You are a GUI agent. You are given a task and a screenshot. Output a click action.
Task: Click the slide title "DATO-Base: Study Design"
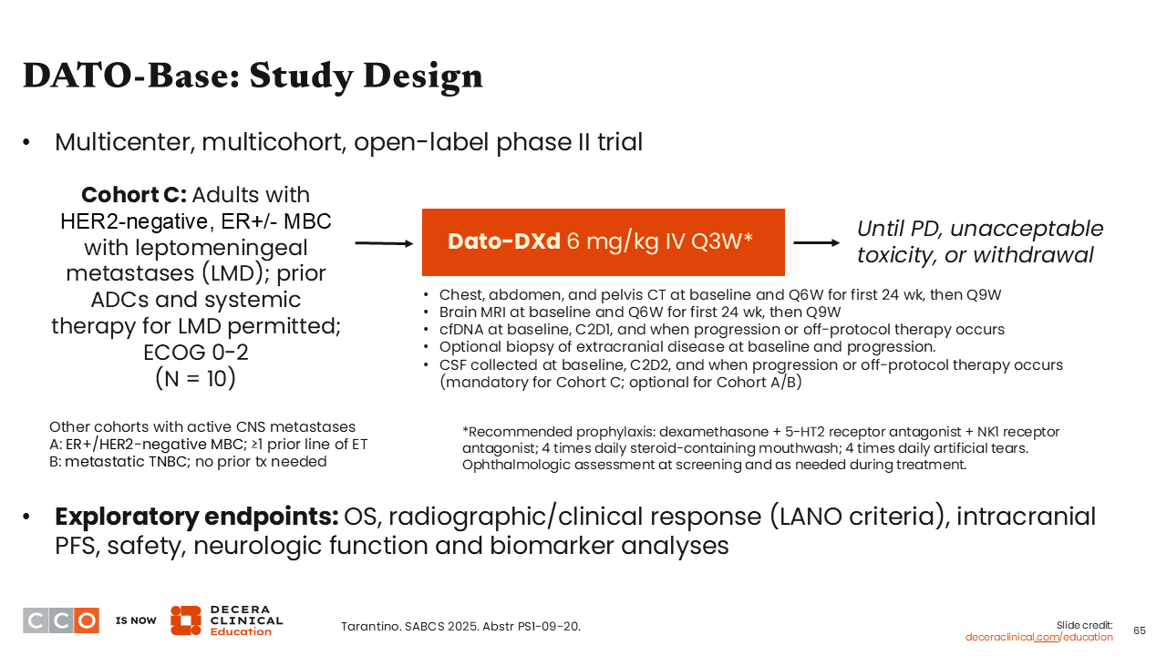pos(253,76)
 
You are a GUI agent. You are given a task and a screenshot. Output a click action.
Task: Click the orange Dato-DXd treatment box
pos(603,242)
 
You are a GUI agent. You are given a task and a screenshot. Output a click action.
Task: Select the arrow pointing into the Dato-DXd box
pos(383,243)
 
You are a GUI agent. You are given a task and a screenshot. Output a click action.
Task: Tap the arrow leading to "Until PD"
pos(817,243)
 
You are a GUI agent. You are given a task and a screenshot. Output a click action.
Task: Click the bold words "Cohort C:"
pos(133,195)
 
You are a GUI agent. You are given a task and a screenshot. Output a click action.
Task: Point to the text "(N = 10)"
pos(195,377)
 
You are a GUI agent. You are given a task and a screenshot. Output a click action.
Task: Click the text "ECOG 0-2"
pos(195,351)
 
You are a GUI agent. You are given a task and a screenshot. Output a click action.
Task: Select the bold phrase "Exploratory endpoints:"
pos(197,517)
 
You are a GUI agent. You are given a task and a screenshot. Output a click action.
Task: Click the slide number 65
pos(1139,630)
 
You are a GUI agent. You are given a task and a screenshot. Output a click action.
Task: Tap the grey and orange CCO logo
pos(61,620)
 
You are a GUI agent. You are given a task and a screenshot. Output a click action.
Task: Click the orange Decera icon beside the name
pos(186,620)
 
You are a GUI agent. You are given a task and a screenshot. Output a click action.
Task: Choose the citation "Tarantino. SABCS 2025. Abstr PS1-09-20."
pos(460,626)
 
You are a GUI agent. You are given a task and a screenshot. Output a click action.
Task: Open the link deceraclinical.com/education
pos(1038,637)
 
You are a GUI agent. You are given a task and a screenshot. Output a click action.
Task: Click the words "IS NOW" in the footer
pos(136,620)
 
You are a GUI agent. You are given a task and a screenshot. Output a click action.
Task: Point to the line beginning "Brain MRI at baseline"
pos(640,312)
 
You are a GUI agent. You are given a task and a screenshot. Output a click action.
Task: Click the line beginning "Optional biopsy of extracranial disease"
pos(688,346)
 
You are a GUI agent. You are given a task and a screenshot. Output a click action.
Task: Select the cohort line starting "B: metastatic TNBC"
pos(188,461)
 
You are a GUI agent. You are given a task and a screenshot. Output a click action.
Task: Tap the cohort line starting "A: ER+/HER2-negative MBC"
pos(209,444)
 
